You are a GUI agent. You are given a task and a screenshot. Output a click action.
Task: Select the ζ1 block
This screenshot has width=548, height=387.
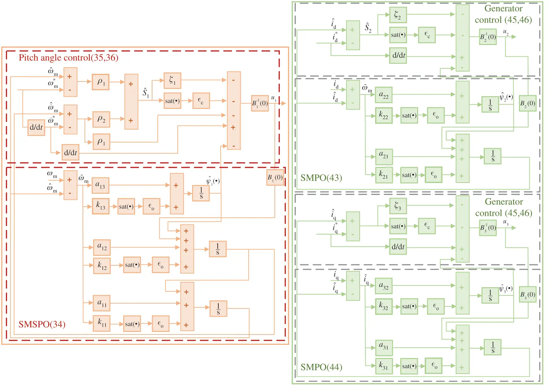coord(172,81)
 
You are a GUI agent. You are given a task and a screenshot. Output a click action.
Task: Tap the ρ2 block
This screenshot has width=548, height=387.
coord(101,119)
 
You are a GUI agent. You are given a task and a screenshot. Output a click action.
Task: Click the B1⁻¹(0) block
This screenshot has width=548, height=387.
coord(260,103)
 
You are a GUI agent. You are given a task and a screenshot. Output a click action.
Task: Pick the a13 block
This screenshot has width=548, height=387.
coord(100,185)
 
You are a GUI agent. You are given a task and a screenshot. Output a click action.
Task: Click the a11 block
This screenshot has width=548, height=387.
coord(102,303)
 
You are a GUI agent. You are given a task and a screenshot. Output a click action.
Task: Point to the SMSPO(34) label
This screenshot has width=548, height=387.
coord(42,324)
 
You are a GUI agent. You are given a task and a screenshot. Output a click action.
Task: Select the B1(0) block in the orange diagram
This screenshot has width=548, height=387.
coord(275,177)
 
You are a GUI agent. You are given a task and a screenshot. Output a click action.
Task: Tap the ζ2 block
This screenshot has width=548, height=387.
coord(398,15)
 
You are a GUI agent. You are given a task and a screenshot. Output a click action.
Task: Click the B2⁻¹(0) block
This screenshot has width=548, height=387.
coord(488,37)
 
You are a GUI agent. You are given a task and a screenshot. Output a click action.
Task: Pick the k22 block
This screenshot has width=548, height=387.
coord(384,115)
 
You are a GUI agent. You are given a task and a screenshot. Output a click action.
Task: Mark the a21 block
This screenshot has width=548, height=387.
coord(384,156)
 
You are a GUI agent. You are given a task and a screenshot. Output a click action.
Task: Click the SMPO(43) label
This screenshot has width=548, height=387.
coord(321,178)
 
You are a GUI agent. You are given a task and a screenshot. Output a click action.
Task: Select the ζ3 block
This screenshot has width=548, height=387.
coord(398,206)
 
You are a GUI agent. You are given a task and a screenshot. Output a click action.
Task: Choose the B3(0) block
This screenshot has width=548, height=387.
coord(527,295)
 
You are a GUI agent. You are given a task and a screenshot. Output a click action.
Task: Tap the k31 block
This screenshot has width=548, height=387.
coord(384,366)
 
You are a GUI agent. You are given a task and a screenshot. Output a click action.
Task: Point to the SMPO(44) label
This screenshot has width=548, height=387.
coord(321,367)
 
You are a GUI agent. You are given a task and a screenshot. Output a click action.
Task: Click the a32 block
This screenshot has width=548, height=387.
coord(384,286)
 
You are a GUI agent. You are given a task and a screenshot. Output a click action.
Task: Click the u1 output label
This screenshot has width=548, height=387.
coord(274,98)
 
